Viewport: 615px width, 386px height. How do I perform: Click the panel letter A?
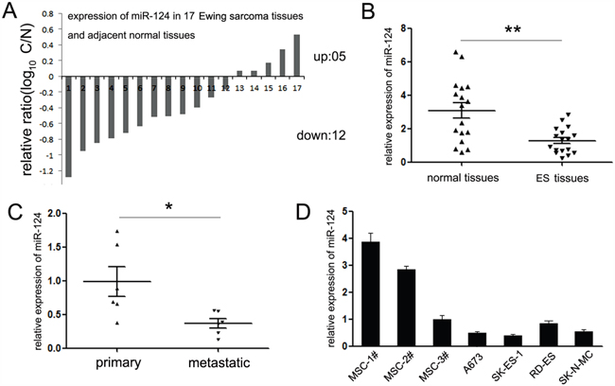pos(13,12)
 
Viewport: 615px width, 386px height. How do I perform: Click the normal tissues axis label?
pos(434,177)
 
